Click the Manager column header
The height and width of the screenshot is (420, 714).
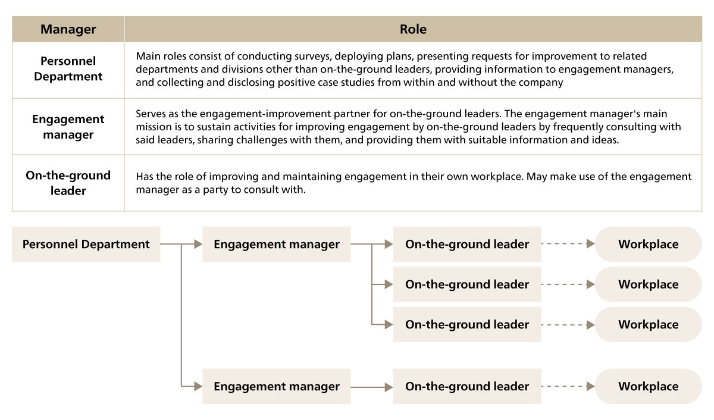68,29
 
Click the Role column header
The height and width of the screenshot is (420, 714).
413,29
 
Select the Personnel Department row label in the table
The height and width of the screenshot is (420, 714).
68,69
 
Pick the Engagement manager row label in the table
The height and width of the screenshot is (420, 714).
68,127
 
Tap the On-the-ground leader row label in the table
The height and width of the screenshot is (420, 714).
68,183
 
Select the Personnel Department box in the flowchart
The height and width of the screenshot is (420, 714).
86,244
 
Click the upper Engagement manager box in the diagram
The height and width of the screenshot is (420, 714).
276,244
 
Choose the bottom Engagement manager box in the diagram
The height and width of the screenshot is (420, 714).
276,386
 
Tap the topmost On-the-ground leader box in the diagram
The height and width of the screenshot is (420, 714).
467,244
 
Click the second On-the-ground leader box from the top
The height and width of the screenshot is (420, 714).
467,284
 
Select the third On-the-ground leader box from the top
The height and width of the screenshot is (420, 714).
467,324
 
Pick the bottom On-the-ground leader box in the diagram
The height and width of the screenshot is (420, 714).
467,386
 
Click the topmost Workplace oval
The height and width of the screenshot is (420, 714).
649,244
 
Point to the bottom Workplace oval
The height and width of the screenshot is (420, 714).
649,386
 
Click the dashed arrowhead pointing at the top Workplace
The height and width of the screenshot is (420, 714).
591,244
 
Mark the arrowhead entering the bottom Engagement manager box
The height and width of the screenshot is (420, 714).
198,386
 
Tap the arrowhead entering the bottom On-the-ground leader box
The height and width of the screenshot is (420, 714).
389,387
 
